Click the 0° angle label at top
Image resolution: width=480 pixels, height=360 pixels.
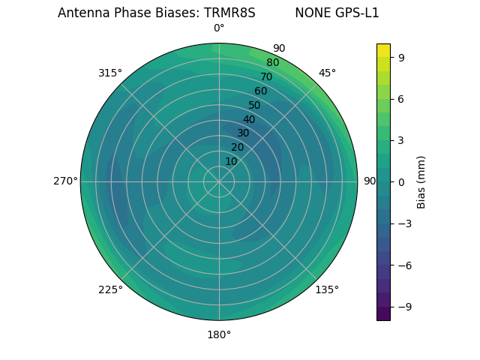pyautogui.click(x=219, y=28)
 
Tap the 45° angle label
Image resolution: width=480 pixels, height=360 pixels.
pyautogui.click(x=327, y=73)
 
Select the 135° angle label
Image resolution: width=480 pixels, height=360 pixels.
pyautogui.click(x=327, y=289)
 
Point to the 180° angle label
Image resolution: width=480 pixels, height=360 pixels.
pyautogui.click(x=219, y=334)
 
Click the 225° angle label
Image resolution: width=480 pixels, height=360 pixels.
pyautogui.click(x=110, y=289)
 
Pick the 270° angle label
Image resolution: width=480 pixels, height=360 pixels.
pyautogui.click(x=65, y=181)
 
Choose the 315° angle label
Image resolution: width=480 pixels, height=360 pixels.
pyautogui.click(x=110, y=73)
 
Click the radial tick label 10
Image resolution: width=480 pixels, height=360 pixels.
pyautogui.click(x=231, y=161)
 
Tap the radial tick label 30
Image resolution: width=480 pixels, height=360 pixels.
pyautogui.click(x=243, y=133)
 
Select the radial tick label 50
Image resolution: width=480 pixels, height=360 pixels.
pyautogui.click(x=255, y=105)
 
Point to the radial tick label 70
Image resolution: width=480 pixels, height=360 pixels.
pyautogui.click(x=266, y=76)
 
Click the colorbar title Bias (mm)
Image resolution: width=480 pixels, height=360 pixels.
pyautogui.click(x=421, y=181)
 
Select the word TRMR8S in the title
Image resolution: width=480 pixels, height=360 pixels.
pyautogui.click(x=229, y=13)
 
